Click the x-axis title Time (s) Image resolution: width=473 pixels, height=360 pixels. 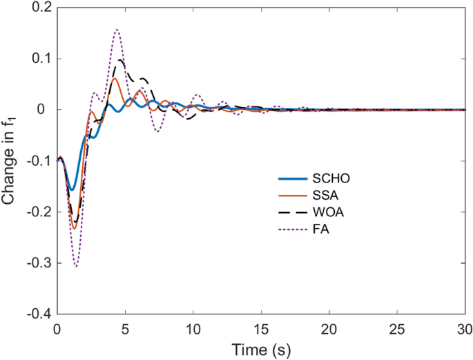261,348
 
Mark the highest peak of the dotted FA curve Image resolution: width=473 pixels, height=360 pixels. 117,30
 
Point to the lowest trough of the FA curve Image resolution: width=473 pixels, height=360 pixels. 76,266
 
